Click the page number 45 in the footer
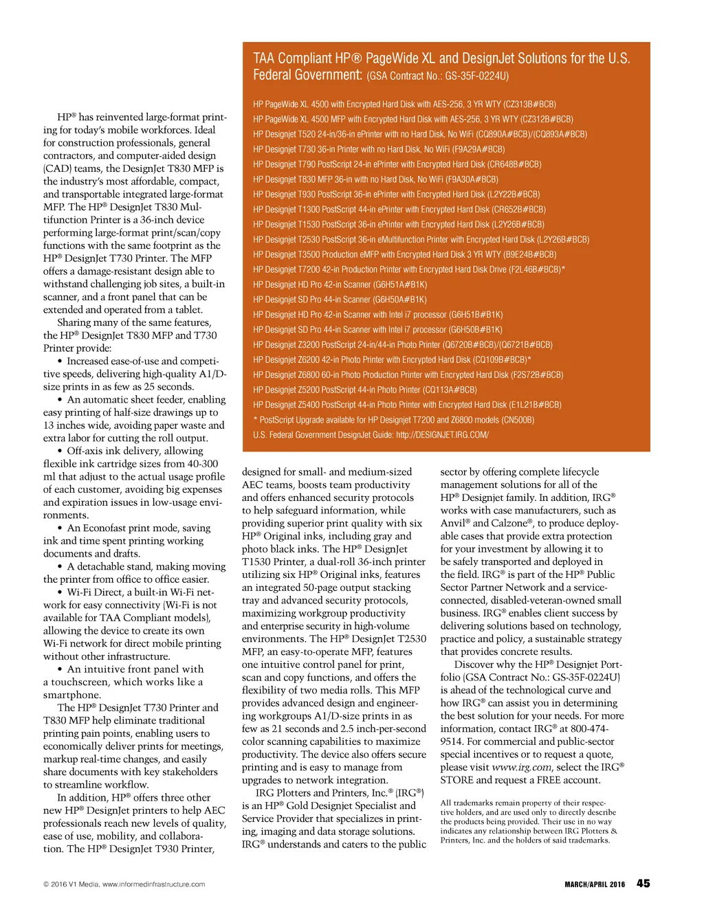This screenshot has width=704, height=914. tap(643, 883)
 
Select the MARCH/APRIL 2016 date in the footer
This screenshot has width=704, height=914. tap(595, 884)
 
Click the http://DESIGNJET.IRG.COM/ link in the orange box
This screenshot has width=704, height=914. tap(442, 435)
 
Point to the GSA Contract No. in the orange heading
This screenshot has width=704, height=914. tap(438, 76)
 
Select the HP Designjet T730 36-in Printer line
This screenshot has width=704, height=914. tap(379, 149)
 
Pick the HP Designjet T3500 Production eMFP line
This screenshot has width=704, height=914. tap(404, 254)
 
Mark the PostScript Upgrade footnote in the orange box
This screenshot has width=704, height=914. tap(393, 420)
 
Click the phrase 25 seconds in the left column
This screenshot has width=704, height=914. tap(168, 387)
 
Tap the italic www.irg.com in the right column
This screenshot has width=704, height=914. tap(521, 767)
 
